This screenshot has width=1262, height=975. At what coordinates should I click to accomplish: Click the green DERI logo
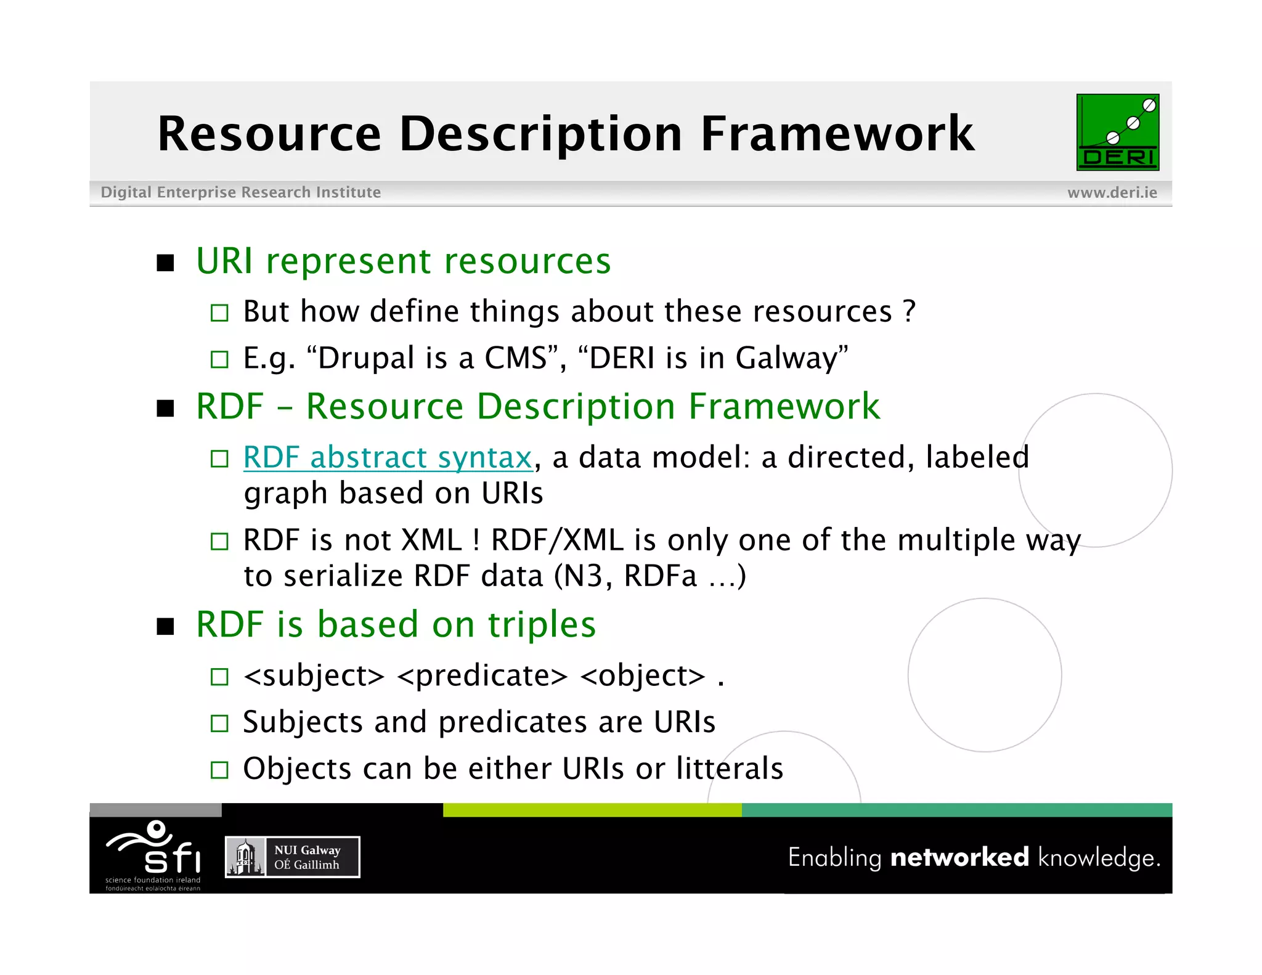click(x=1117, y=132)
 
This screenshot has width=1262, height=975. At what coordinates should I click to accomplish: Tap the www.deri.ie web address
click(x=1112, y=193)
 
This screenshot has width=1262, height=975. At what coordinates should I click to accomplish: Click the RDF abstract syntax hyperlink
click(x=388, y=457)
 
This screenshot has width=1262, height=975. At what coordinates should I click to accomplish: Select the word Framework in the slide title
click(x=837, y=134)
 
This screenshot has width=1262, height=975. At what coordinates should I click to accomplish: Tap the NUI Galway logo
click(x=292, y=857)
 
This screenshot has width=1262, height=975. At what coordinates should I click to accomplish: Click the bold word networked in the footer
click(x=959, y=857)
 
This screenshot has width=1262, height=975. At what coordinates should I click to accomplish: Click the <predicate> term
click(x=482, y=675)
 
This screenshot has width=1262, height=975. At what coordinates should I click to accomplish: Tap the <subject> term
click(x=314, y=675)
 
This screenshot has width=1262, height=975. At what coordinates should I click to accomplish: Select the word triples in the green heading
click(x=542, y=624)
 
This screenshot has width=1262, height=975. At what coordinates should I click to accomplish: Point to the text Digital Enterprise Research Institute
click(x=240, y=193)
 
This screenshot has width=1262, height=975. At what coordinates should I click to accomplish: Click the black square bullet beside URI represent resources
click(x=165, y=263)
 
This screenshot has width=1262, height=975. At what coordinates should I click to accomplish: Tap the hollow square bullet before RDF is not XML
click(x=219, y=541)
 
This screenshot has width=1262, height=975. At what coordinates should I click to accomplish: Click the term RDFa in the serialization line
click(x=660, y=576)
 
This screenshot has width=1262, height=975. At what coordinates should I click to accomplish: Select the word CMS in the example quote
click(x=515, y=358)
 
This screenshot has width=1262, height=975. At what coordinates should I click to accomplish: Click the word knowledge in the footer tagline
click(x=1097, y=858)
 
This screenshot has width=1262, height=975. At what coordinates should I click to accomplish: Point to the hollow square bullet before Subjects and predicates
click(x=219, y=722)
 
